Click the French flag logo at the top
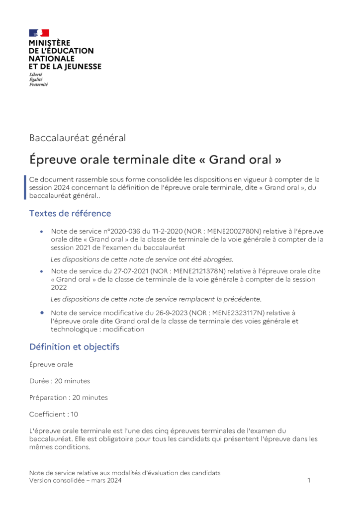[39, 33]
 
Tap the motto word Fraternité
[38, 85]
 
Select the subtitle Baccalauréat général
[78, 138]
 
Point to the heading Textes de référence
[70, 213]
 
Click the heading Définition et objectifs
[74, 346]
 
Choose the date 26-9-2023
[166, 313]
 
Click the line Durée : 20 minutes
[60, 381]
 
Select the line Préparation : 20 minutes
[68, 398]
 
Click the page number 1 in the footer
[309, 481]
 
